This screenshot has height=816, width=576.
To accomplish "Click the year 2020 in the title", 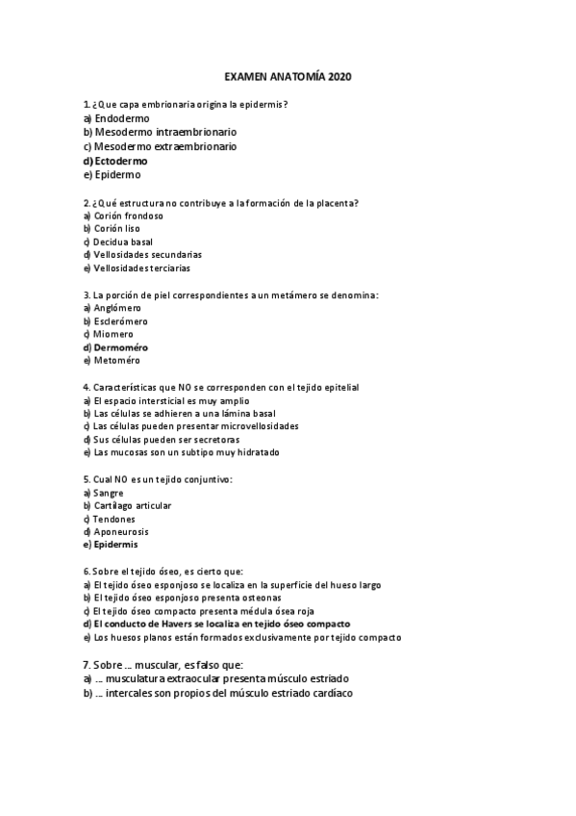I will (340, 76).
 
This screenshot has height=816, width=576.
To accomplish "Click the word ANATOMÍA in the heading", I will (295, 76).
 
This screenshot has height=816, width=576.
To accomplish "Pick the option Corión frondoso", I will (128, 217).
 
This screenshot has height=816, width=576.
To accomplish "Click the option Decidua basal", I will (123, 242).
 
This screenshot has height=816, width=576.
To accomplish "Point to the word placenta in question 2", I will (330, 203).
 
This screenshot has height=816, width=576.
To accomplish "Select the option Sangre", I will (108, 493).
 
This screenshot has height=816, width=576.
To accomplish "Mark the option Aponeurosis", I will (121, 531).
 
